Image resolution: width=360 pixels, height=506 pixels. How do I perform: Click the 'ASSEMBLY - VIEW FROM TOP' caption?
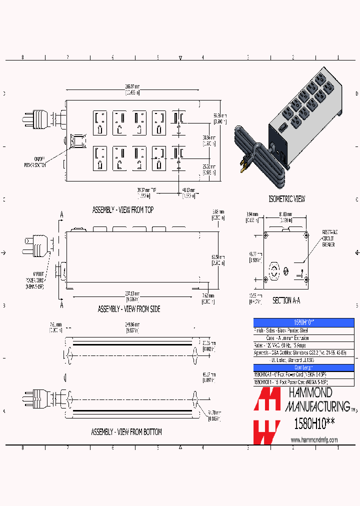click(x=122, y=210)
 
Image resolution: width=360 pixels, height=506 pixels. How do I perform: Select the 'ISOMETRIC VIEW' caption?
click(x=287, y=199)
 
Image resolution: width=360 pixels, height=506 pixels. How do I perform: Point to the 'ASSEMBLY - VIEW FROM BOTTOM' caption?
click(x=126, y=431)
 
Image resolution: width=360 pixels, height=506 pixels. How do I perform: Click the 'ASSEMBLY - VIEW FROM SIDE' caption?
click(x=129, y=309)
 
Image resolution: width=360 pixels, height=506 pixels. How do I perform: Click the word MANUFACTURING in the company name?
click(x=317, y=405)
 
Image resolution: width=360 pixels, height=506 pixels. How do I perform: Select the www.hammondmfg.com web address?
click(x=314, y=440)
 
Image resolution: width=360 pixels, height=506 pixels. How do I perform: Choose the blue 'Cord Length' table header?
click(x=303, y=367)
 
